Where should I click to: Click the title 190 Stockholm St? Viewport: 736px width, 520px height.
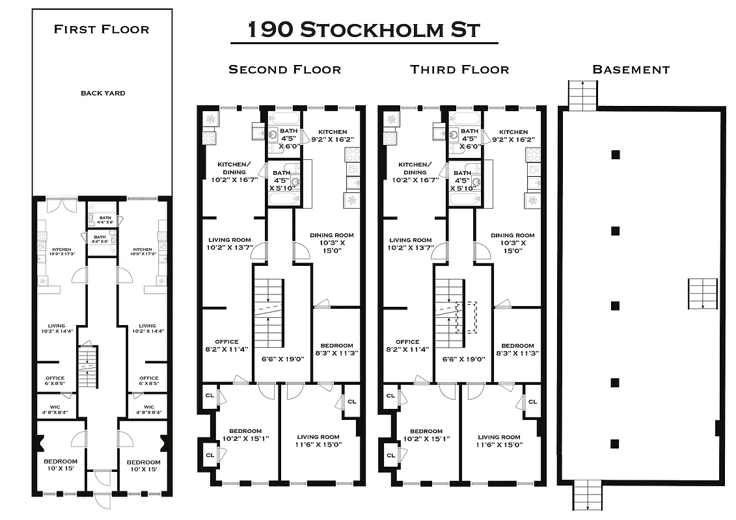[364, 30]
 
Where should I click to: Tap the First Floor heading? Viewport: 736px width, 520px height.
[102, 29]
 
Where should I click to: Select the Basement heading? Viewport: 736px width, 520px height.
[631, 70]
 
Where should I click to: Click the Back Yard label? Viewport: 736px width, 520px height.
[103, 93]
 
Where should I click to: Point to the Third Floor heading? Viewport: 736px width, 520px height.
[459, 70]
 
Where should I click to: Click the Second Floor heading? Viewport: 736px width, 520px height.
[284, 70]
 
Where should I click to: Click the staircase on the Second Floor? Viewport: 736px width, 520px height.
[269, 313]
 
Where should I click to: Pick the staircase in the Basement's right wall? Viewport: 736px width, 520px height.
[703, 294]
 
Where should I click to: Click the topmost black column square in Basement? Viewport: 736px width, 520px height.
[615, 154]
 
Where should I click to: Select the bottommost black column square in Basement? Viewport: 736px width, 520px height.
[615, 444]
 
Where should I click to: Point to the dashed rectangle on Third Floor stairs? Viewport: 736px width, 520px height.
[467, 317]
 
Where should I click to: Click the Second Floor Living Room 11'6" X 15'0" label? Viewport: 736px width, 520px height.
[318, 441]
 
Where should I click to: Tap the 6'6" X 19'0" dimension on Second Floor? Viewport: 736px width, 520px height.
[282, 359]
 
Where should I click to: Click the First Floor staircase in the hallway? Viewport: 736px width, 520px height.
[87, 368]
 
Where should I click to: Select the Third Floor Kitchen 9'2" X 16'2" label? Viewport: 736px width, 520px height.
[513, 136]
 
